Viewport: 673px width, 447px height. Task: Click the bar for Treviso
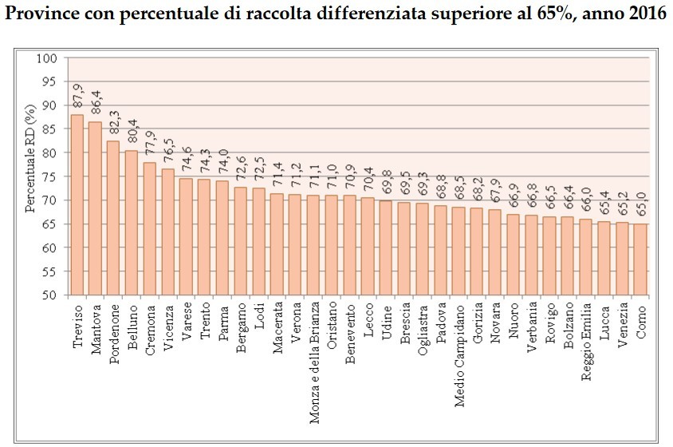77,205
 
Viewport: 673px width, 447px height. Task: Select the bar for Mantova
96,208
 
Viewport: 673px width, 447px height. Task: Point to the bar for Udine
386,247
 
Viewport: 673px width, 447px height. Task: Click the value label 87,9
77,97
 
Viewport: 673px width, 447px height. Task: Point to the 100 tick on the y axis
50,58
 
